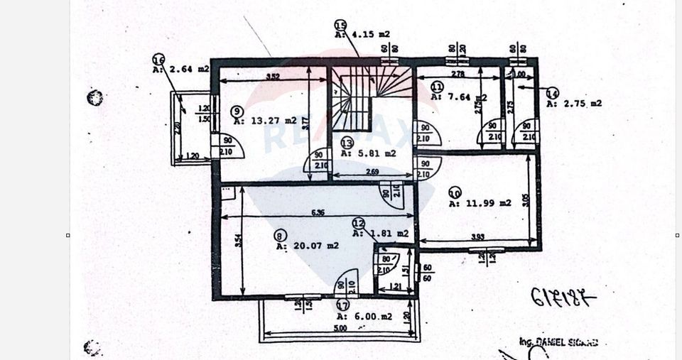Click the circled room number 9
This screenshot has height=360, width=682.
(x=237, y=111)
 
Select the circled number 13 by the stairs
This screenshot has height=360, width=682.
(x=347, y=142)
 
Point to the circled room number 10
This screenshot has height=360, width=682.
(x=455, y=192)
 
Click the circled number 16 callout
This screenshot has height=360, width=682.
(x=159, y=60)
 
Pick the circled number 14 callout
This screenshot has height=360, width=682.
(x=552, y=92)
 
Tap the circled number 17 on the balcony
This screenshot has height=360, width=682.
(x=342, y=306)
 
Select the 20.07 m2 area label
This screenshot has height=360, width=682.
(x=307, y=246)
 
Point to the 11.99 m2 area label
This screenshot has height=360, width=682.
(x=480, y=203)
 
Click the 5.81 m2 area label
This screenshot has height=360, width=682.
(x=367, y=153)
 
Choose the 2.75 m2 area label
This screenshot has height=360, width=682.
(x=573, y=103)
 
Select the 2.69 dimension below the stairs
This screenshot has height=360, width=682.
(x=372, y=171)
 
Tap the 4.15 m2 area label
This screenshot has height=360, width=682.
(x=362, y=33)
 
